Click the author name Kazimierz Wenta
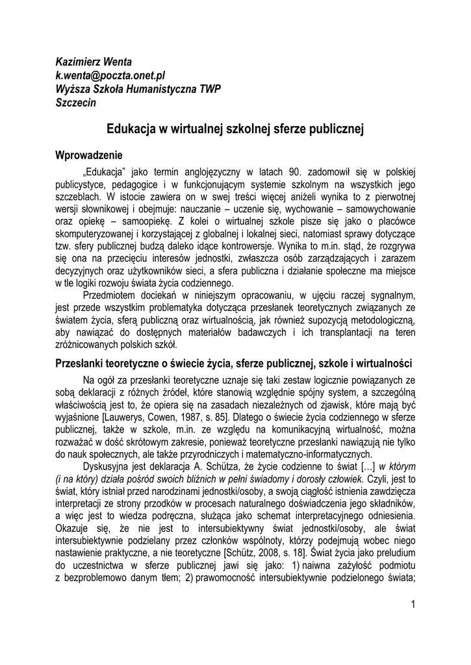(x=94, y=62)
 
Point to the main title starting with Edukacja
(x=235, y=129)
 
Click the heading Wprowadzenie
(x=88, y=156)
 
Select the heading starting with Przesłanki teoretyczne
(x=234, y=362)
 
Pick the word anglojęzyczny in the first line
(x=207, y=172)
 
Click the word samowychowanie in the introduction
(x=379, y=209)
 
